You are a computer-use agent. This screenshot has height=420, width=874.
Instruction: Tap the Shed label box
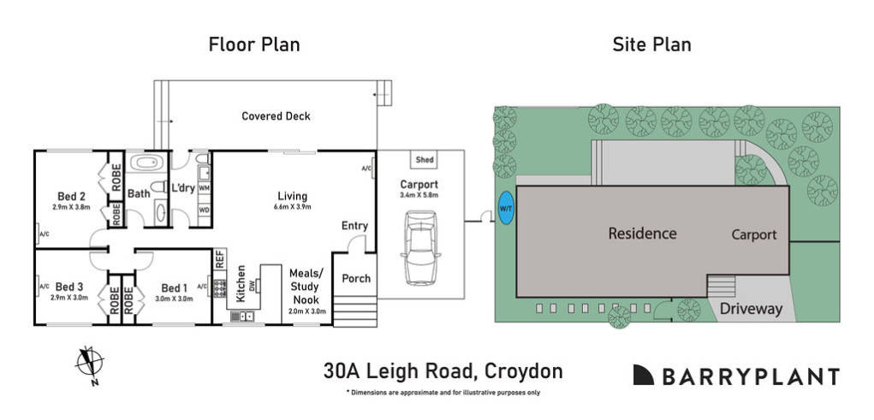pyautogui.click(x=425, y=160)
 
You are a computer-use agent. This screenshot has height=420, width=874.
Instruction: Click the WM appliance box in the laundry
pyautogui.click(x=204, y=187)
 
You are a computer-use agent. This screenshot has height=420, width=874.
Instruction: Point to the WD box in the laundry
pyautogui.click(x=204, y=209)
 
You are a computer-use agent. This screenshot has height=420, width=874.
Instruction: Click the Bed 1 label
pyautogui.click(x=172, y=287)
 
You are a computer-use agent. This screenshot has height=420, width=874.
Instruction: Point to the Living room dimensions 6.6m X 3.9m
pyautogui.click(x=292, y=207)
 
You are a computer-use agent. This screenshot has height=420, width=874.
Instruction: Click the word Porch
pyautogui.click(x=356, y=279)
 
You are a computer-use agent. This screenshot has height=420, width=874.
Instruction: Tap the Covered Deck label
pyautogui.click(x=276, y=116)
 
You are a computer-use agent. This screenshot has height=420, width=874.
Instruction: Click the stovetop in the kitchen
pyautogui.click(x=219, y=288)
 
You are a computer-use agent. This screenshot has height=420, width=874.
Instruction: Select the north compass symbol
pyautogui.click(x=89, y=362)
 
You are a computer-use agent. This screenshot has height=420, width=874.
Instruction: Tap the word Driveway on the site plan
pyautogui.click(x=750, y=309)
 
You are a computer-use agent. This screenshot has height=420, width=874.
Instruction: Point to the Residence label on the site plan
pyautogui.click(x=642, y=234)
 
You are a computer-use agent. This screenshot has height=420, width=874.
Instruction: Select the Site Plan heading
pyautogui.click(x=651, y=44)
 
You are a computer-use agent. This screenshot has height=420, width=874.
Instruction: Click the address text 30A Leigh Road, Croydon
pyautogui.click(x=443, y=371)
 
